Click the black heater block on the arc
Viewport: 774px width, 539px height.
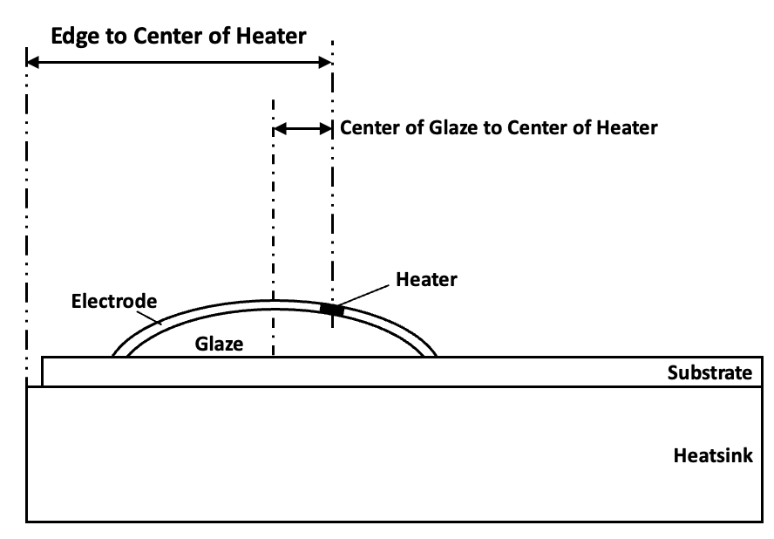pos(331,309)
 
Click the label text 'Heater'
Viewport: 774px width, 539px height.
pos(426,280)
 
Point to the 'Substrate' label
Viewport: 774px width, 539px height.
pos(709,373)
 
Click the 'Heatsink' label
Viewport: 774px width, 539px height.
pos(713,455)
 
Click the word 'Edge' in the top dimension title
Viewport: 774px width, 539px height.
pos(72,37)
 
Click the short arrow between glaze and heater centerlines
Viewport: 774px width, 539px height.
pos(302,128)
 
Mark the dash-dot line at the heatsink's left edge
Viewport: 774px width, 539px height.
pos(27,218)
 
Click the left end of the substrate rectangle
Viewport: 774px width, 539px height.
pos(43,372)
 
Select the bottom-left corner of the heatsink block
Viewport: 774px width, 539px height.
pos(27,522)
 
